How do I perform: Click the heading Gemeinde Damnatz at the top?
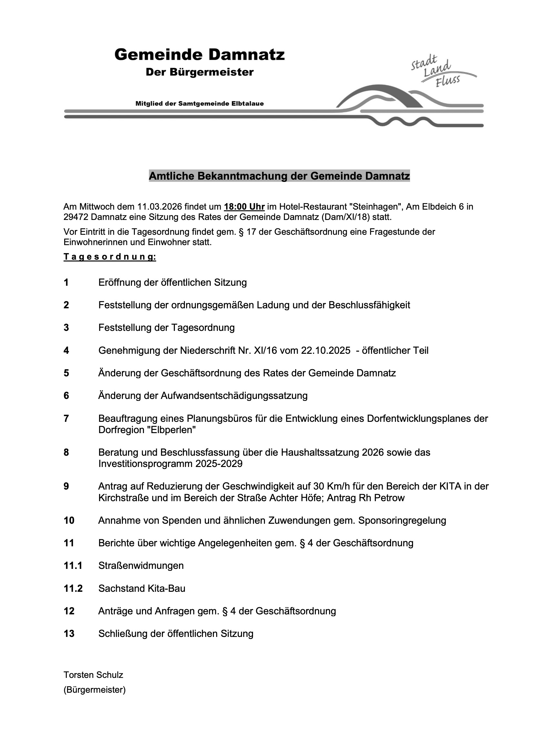pos(199,55)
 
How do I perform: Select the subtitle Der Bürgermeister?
pos(199,72)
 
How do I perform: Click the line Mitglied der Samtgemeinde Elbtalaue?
pos(199,104)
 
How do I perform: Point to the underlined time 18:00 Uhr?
pos(244,207)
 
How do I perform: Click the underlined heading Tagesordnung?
pos(110,257)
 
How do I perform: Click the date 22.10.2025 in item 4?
pos(326,351)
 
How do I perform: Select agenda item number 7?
pos(66,419)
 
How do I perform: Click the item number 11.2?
pos(73,588)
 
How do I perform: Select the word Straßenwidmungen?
pos(141,566)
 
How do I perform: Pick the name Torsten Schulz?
pos(93,675)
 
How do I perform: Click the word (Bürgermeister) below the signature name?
pos(95,690)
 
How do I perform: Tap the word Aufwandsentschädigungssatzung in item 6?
pos(234,396)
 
